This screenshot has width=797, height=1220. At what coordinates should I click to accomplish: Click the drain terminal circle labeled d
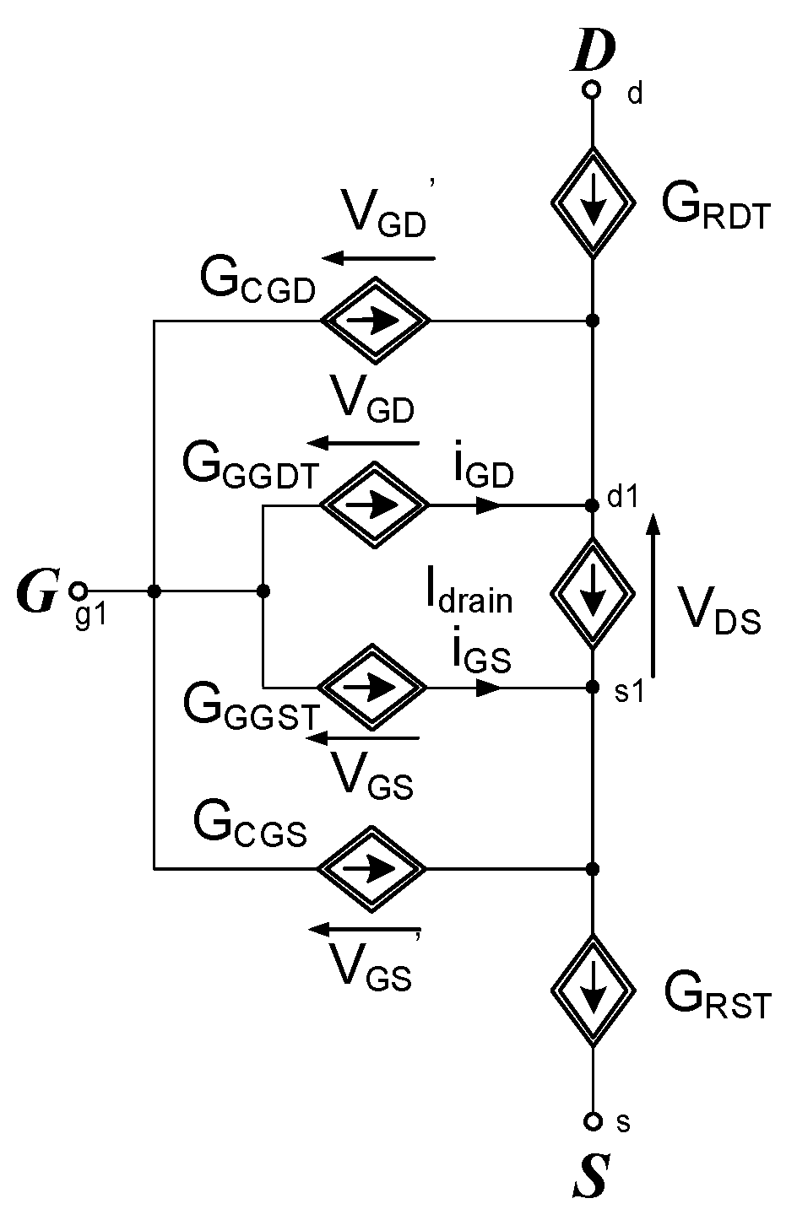(592, 89)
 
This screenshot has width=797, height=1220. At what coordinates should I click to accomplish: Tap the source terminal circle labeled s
(592, 1121)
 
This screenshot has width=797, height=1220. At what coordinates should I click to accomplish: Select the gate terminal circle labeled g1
(79, 591)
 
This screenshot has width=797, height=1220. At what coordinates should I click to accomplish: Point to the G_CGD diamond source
(375, 321)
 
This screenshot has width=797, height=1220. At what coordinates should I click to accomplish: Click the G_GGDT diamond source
(375, 505)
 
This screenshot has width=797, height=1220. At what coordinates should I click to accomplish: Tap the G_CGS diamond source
(371, 868)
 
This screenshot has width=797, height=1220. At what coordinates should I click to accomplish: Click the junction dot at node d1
(592, 505)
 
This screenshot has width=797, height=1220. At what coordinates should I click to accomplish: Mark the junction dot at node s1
(592, 688)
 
